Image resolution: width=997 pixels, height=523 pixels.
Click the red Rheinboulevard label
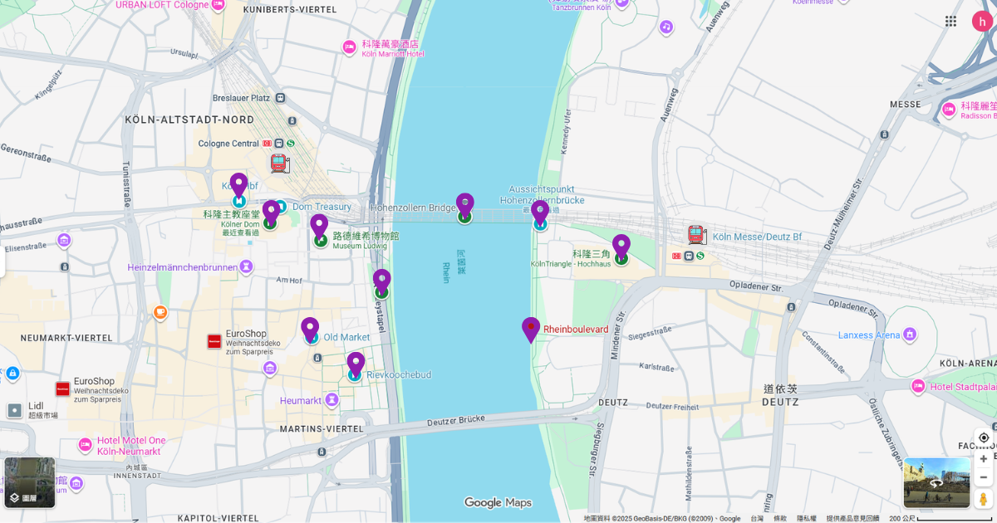pyautogui.click(x=576, y=330)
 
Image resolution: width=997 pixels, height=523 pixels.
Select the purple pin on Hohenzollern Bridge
pyautogui.click(x=464, y=208)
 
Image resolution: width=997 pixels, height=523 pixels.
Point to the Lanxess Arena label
pyautogui.click(x=868, y=335)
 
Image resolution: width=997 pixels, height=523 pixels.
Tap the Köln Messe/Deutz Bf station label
pyautogui.click(x=757, y=237)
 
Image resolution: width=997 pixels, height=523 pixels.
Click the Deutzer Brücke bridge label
pyautogui.click(x=454, y=422)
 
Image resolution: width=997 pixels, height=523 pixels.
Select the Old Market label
pyautogui.click(x=346, y=337)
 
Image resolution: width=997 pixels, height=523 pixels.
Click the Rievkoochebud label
pyautogui.click(x=399, y=375)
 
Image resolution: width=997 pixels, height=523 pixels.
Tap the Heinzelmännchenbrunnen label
pyautogui.click(x=181, y=267)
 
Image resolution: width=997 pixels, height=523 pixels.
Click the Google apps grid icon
pyautogui.click(x=950, y=21)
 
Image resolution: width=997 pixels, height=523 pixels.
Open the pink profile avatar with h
pyautogui.click(x=982, y=21)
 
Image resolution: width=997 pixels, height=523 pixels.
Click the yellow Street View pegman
pyautogui.click(x=984, y=498)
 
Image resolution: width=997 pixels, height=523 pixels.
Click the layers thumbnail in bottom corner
pyautogui.click(x=30, y=482)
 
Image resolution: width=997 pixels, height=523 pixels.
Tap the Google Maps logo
pyautogui.click(x=498, y=502)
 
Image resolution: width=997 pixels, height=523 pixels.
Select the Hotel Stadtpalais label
pyautogui.click(x=964, y=386)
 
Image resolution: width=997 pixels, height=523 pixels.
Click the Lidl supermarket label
pyautogui.click(x=35, y=406)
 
